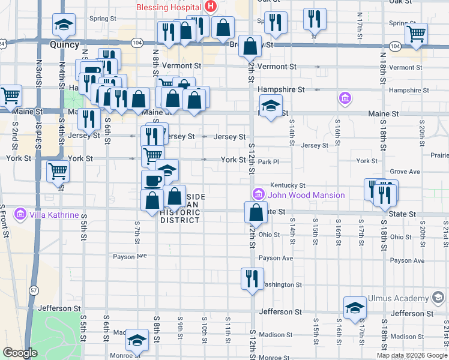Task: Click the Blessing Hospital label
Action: click(170, 7)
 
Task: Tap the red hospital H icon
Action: click(211, 7)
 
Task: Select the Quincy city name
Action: click(65, 45)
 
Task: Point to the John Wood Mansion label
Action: click(306, 195)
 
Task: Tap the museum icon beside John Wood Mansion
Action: click(259, 194)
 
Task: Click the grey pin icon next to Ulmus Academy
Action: click(439, 298)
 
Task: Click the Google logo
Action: click(20, 353)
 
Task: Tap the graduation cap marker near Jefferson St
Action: click(355, 307)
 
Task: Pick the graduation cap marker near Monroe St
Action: click(137, 340)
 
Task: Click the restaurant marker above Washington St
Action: click(252, 278)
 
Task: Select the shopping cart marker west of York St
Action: click(58, 171)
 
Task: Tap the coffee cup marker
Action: click(152, 180)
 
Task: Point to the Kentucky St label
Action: click(288, 185)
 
